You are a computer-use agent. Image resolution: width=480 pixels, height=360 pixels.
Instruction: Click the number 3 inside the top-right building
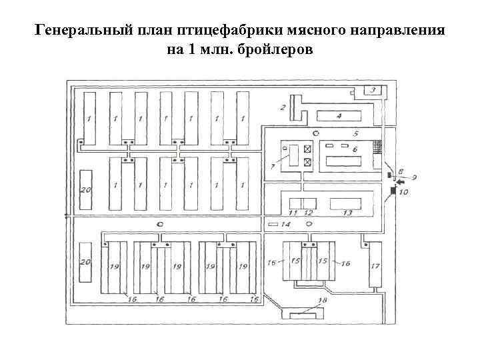(373, 90)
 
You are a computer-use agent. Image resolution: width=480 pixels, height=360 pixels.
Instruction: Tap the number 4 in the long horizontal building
(339, 116)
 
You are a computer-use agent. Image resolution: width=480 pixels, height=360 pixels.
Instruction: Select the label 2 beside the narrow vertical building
(283, 107)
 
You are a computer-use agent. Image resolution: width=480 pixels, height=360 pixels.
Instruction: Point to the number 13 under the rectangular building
(347, 213)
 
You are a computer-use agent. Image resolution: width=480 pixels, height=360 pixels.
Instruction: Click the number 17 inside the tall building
(375, 266)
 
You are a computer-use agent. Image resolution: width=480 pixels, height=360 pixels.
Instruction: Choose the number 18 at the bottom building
(323, 301)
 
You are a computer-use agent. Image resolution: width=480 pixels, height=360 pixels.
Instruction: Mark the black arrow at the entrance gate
(399, 183)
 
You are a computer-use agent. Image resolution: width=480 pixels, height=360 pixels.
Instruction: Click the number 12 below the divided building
(308, 213)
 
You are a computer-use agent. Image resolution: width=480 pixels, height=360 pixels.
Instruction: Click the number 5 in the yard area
(356, 133)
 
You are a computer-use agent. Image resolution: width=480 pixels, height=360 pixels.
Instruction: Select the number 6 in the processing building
(355, 149)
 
